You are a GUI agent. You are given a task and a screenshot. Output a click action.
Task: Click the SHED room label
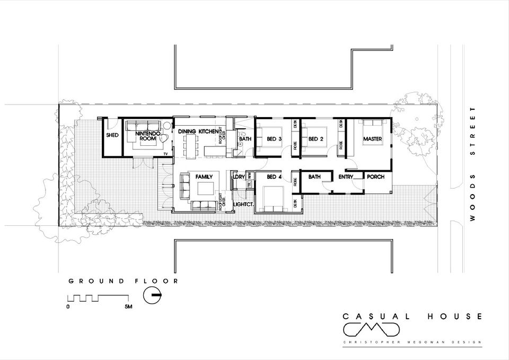(112, 136)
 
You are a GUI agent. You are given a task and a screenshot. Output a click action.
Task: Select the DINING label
(188, 131)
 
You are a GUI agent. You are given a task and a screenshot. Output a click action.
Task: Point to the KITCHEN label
(209, 131)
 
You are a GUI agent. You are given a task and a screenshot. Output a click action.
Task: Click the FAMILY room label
(204, 176)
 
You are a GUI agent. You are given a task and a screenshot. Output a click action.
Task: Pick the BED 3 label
(274, 139)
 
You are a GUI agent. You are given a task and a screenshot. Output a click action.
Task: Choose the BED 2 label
(316, 139)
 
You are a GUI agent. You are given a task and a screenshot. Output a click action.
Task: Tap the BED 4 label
(274, 177)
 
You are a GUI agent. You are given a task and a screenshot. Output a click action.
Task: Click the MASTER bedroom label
(373, 139)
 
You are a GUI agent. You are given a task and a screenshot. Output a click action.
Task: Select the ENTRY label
(346, 177)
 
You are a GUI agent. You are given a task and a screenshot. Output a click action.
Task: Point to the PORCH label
(375, 177)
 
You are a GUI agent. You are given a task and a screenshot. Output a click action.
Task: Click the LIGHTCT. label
(243, 203)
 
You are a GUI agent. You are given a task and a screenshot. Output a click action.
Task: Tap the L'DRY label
(239, 177)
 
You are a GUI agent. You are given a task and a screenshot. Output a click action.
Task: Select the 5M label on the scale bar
(128, 307)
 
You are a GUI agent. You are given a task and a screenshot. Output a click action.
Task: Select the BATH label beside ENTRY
(315, 177)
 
